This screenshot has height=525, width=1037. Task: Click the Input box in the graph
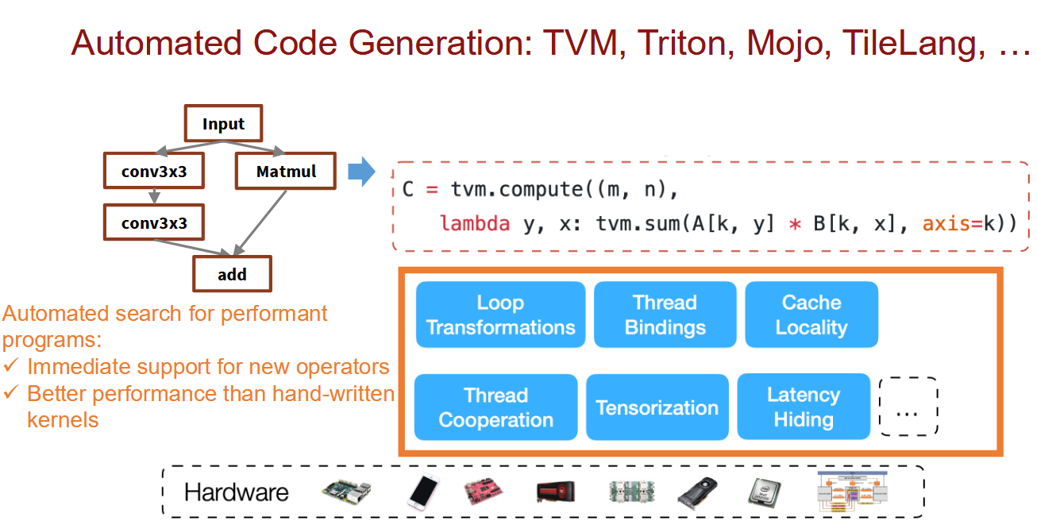click(224, 123)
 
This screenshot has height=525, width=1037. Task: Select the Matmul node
click(286, 171)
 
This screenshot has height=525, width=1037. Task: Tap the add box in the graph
click(232, 273)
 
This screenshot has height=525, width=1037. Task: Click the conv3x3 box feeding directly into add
click(154, 222)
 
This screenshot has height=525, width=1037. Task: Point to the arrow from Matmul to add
click(260, 222)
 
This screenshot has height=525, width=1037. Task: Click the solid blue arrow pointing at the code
click(361, 172)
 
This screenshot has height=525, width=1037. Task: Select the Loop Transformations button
click(500, 315)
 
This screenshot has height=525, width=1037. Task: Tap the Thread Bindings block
click(665, 315)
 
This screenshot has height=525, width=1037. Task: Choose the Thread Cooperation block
click(495, 407)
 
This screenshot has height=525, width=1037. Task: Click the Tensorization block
click(657, 407)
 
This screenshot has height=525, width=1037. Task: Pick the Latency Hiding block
click(804, 407)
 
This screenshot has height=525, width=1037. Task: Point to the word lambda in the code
click(475, 223)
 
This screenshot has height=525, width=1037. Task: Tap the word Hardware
click(236, 492)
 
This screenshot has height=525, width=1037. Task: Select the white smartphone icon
click(423, 492)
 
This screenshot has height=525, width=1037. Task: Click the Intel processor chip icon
click(765, 492)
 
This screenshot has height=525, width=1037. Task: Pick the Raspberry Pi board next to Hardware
click(347, 491)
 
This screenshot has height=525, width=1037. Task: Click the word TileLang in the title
click(913, 43)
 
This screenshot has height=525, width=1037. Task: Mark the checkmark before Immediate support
click(10, 365)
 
